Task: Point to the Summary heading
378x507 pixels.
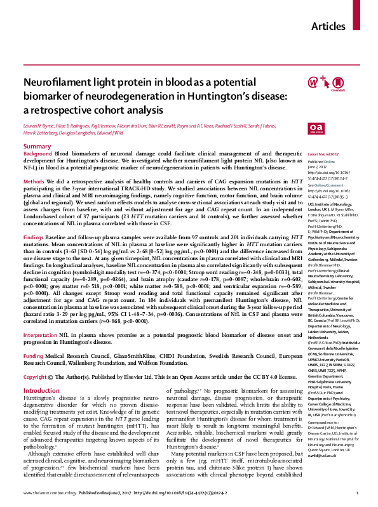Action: click(x=37, y=147)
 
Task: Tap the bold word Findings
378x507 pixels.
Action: click(x=36, y=236)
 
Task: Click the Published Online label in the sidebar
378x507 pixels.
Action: click(x=321, y=162)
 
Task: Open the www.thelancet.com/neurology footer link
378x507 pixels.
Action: click(x=50, y=494)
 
